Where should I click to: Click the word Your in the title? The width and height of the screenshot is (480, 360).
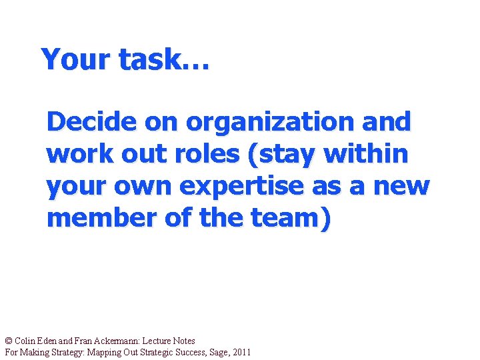pos(75,59)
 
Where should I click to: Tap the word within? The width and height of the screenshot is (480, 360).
pos(365,154)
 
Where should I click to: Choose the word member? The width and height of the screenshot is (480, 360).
pos(100,218)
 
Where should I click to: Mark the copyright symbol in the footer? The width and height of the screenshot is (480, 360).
pos(8,341)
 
